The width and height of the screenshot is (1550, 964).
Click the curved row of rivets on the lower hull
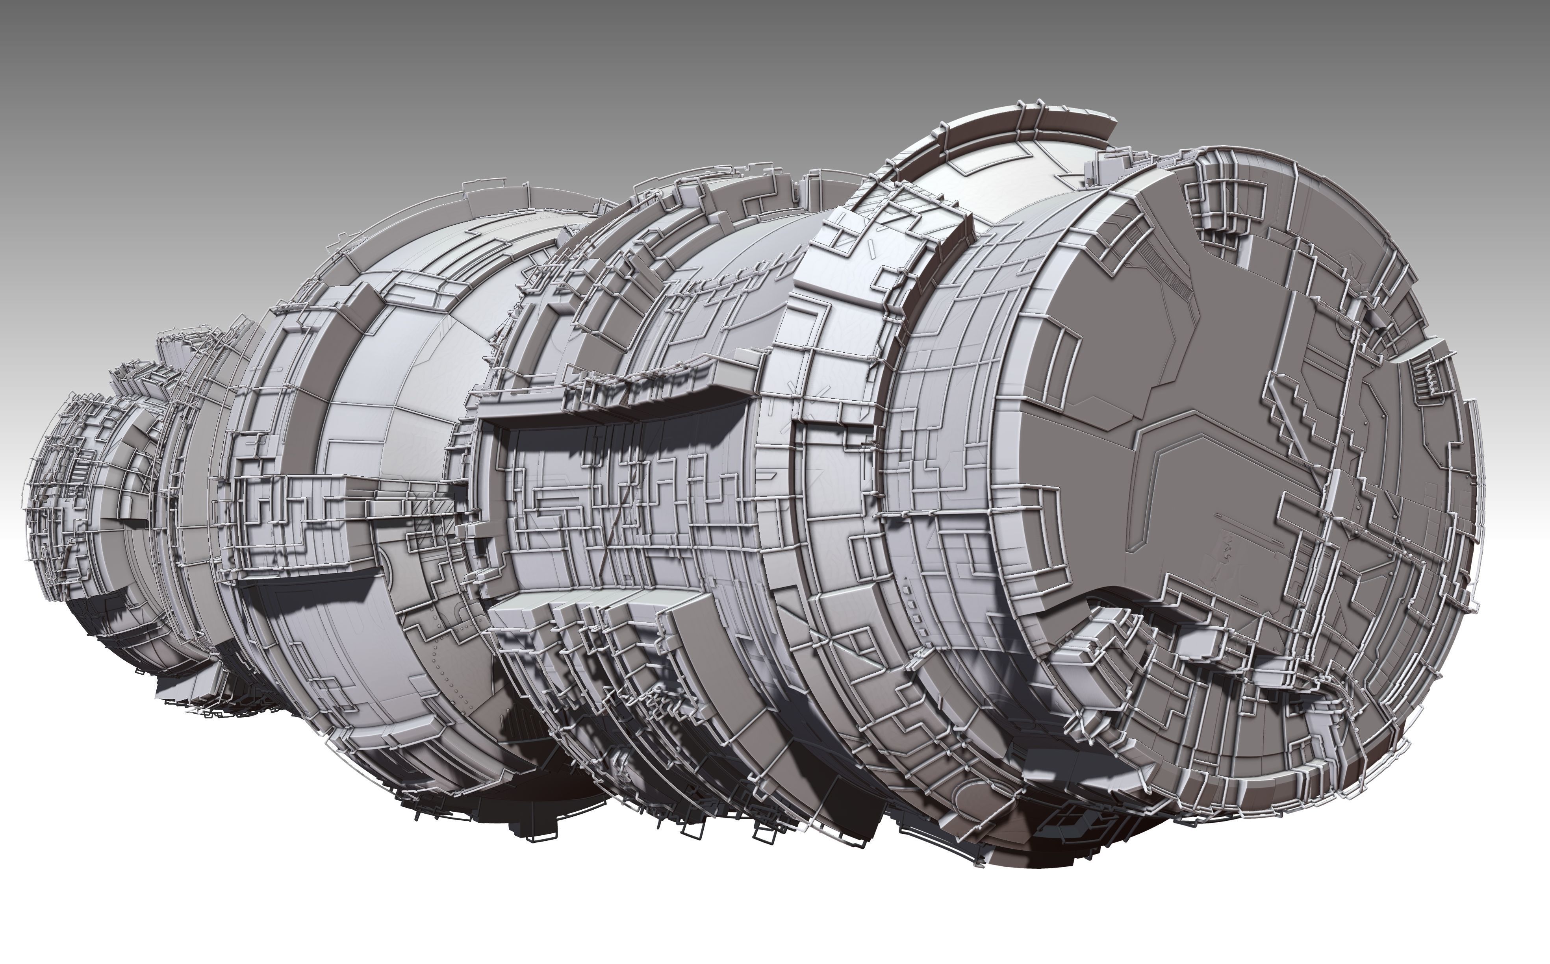pyautogui.click(x=447, y=670)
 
